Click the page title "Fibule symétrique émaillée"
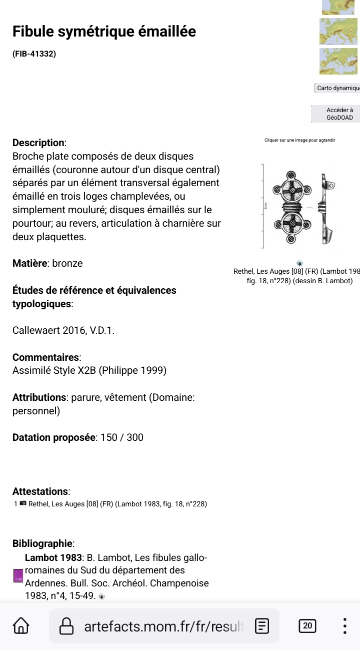click(104, 32)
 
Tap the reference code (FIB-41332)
click(34, 53)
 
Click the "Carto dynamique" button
click(338, 88)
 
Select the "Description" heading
click(38, 143)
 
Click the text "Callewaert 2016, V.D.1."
click(63, 331)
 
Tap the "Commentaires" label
click(46, 357)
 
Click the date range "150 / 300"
click(122, 437)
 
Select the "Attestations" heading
click(40, 491)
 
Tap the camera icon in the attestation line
click(23, 504)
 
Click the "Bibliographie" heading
click(43, 543)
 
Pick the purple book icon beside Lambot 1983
click(18, 575)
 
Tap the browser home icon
click(20, 626)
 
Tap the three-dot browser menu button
click(344, 626)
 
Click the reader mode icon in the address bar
click(262, 626)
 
